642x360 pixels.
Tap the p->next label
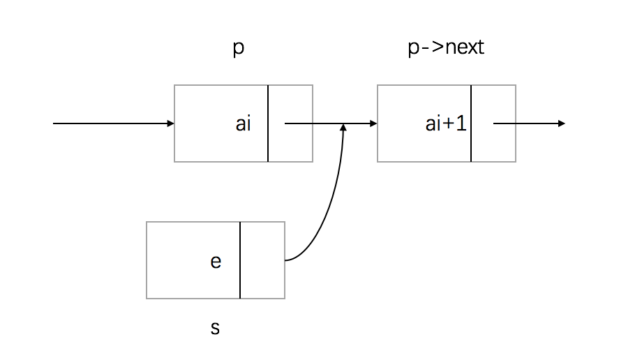coord(445,48)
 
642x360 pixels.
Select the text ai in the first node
coord(243,124)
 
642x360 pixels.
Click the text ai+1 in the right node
coord(445,124)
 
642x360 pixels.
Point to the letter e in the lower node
coord(216,261)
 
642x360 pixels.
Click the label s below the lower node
coord(215,327)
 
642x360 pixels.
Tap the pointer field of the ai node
coord(290,140)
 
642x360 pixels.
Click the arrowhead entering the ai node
coord(171,124)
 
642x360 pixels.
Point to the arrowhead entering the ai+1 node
coord(373,124)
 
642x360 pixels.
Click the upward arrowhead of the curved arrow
coord(343,128)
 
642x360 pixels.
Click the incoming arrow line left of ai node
coord(112,124)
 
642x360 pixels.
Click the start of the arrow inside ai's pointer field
coord(286,124)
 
